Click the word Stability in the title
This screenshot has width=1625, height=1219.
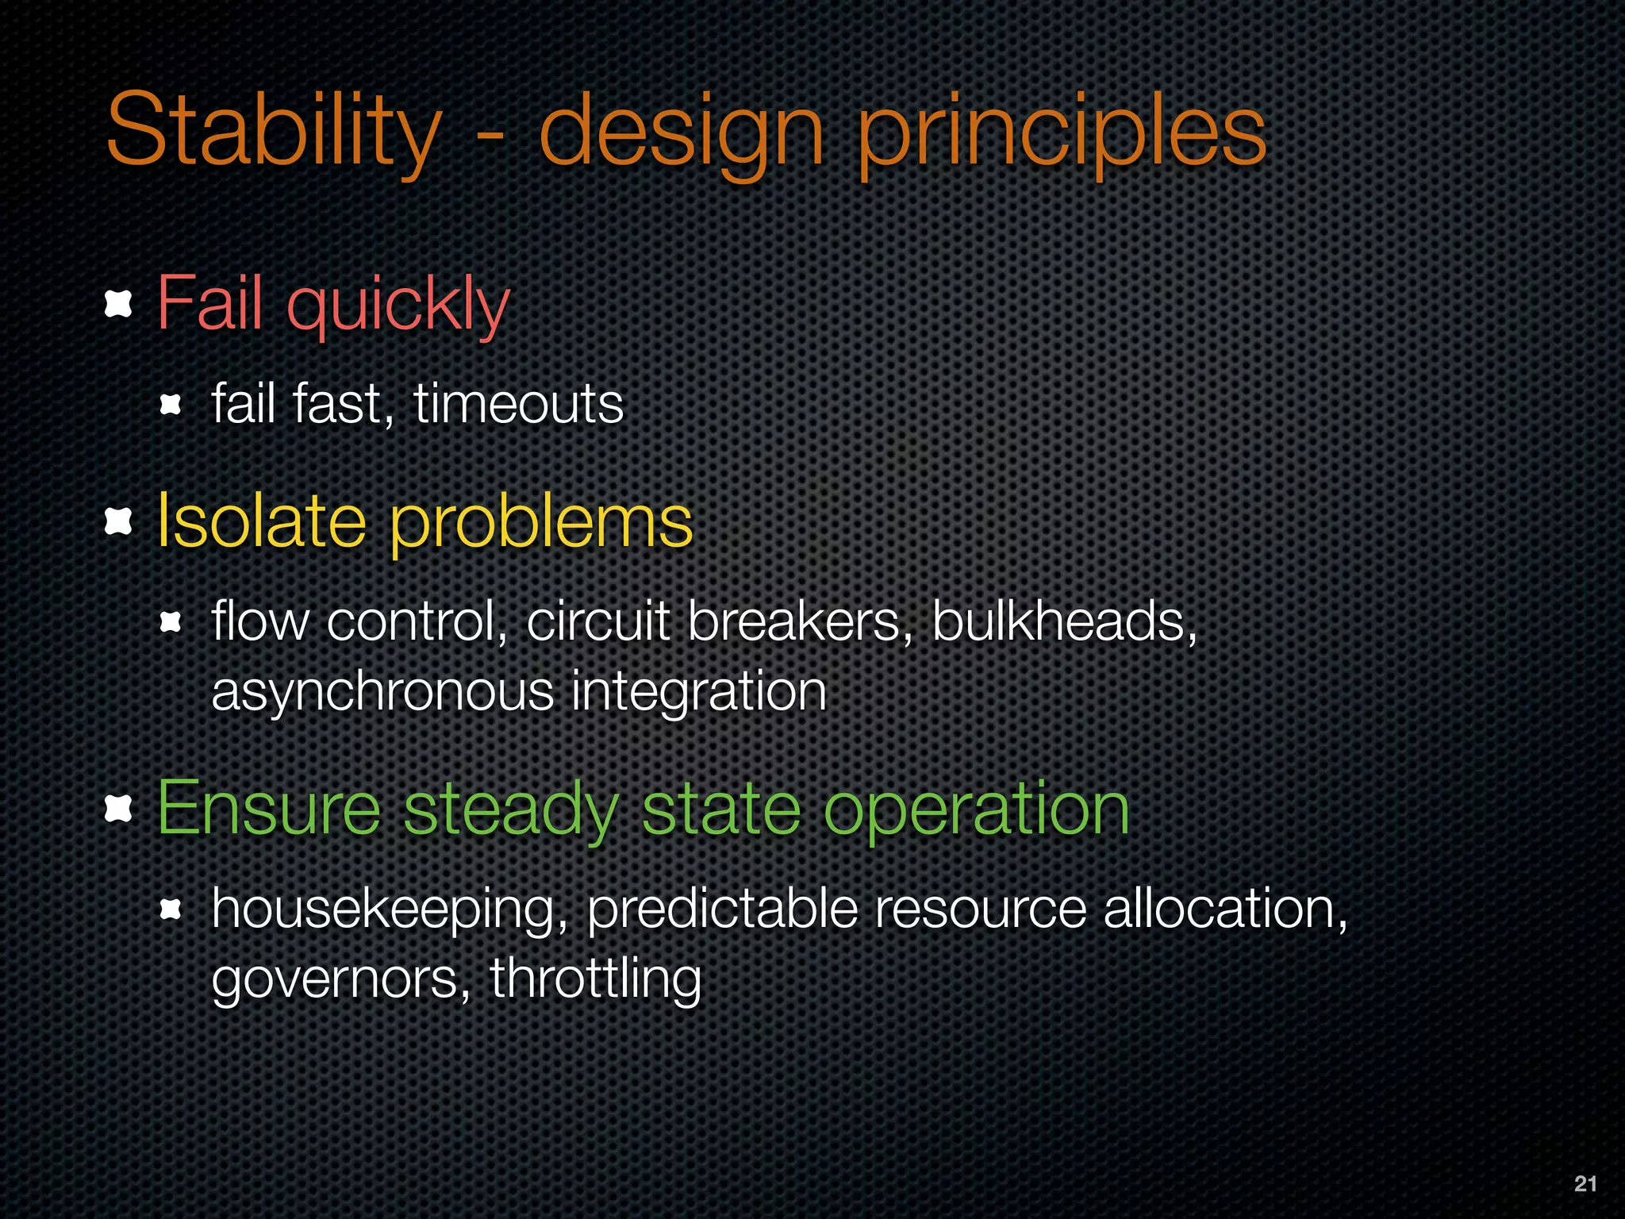point(273,131)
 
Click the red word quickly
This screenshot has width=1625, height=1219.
point(398,305)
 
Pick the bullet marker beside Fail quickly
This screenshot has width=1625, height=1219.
point(118,304)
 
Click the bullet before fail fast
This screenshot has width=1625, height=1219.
point(171,406)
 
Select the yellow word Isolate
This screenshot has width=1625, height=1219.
point(261,521)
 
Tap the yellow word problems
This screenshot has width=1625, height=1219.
point(541,523)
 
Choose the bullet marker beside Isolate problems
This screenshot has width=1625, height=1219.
point(118,521)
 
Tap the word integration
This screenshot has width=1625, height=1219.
point(699,692)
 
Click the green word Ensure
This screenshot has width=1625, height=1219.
point(269,809)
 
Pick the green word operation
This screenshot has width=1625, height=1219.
point(976,810)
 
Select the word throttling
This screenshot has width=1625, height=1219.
point(595,979)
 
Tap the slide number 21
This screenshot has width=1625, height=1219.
point(1585,1183)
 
